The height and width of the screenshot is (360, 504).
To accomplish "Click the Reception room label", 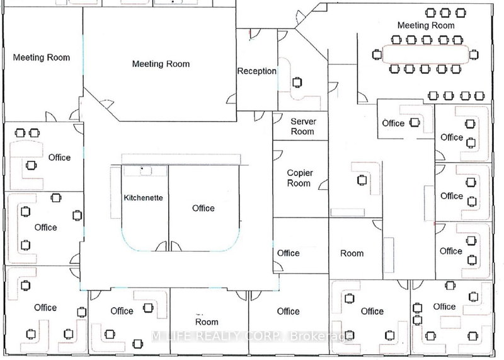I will tap(256, 71).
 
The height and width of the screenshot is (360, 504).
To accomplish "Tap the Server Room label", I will tap(302, 126).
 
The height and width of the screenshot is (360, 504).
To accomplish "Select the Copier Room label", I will tap(299, 178).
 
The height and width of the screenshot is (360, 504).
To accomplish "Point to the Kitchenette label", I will tap(143, 198).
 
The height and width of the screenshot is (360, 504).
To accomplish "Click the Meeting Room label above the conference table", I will tap(425, 25).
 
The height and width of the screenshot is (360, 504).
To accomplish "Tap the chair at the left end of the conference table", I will tap(376, 55).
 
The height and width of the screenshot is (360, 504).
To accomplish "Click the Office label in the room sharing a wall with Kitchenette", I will tap(203, 208).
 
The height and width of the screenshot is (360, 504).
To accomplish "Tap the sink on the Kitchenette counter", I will tap(143, 169).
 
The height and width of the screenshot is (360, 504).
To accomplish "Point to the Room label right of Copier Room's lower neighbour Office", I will tap(352, 253).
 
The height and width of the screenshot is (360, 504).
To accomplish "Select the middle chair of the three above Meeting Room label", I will tap(446, 12).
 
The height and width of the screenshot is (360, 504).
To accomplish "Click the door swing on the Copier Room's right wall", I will tap(323, 182).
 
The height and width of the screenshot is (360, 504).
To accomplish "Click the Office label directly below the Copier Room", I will tap(288, 253).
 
